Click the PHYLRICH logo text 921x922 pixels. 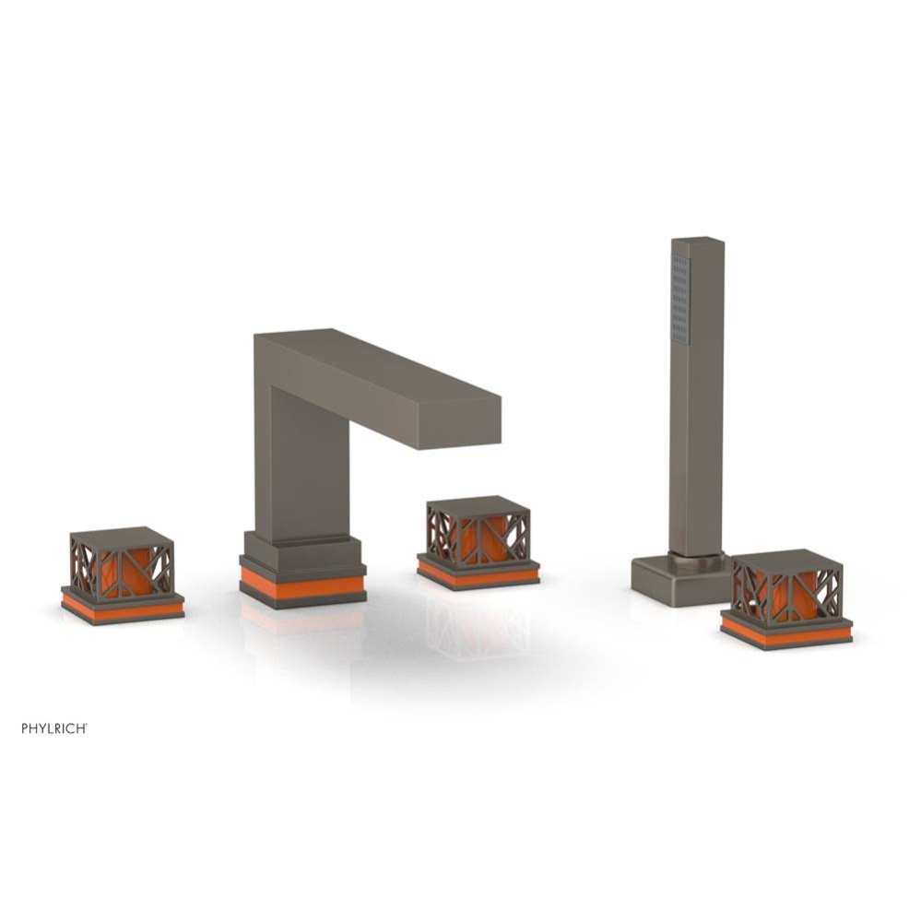coord(54,728)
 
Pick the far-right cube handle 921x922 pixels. coord(785,590)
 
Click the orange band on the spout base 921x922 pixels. coord(302,585)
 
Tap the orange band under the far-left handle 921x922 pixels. coord(123,609)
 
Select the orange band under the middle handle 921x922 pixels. coord(478,574)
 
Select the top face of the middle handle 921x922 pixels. coord(478,505)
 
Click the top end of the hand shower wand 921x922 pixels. coord(698,242)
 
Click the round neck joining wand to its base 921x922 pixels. coord(698,556)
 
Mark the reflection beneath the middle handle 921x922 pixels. coord(478,627)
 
